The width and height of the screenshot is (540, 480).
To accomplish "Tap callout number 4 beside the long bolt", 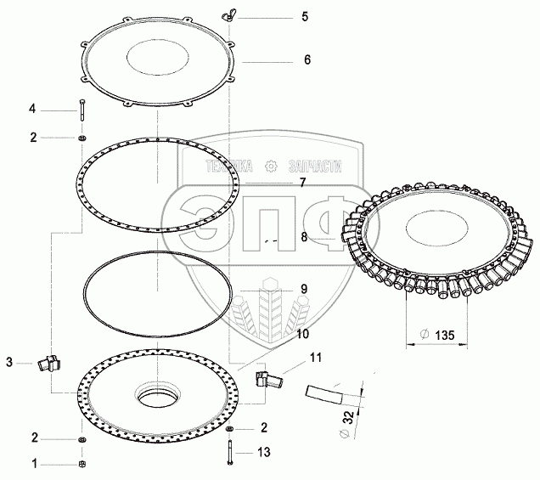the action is [x=33, y=108].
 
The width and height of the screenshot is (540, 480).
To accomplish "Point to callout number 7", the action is [x=301, y=183].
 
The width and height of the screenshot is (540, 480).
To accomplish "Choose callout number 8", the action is [x=303, y=239].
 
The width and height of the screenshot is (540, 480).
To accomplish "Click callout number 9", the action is [x=302, y=289].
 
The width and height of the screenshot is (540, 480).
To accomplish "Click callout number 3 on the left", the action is [x=9, y=363].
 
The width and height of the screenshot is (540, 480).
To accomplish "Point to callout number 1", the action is [x=34, y=464].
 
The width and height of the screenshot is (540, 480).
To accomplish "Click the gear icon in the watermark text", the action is [x=271, y=167].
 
